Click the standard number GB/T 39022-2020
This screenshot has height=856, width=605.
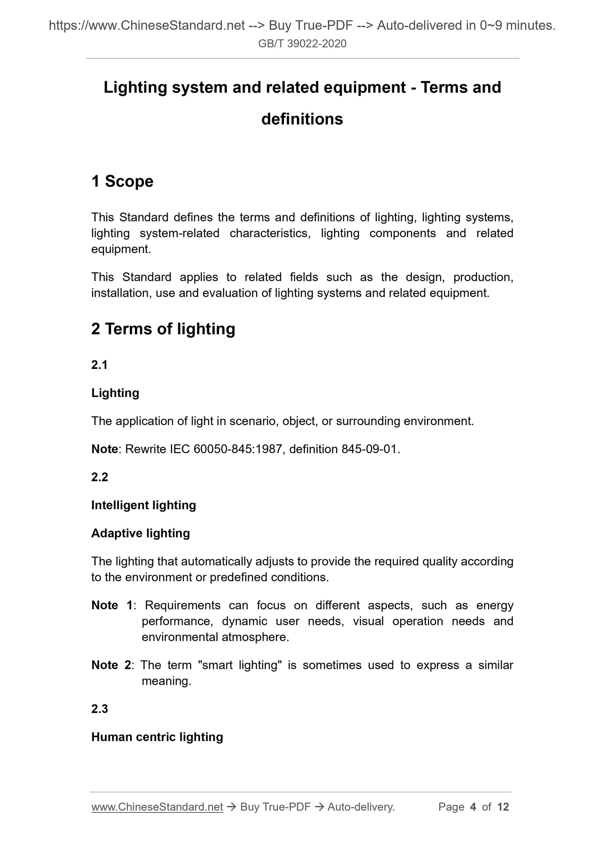302,44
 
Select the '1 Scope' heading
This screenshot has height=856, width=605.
122,181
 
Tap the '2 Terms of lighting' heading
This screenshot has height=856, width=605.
163,329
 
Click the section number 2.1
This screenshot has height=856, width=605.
100,365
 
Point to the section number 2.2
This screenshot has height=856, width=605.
100,477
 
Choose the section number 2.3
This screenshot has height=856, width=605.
100,709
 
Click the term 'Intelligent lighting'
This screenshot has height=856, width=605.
144,505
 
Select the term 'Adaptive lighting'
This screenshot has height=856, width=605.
141,533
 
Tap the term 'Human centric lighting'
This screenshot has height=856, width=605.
157,737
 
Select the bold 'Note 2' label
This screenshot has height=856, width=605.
111,665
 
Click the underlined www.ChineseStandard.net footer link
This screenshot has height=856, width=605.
157,807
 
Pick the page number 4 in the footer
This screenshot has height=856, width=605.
473,807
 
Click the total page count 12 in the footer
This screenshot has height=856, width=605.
503,807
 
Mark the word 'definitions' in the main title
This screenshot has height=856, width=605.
302,119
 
